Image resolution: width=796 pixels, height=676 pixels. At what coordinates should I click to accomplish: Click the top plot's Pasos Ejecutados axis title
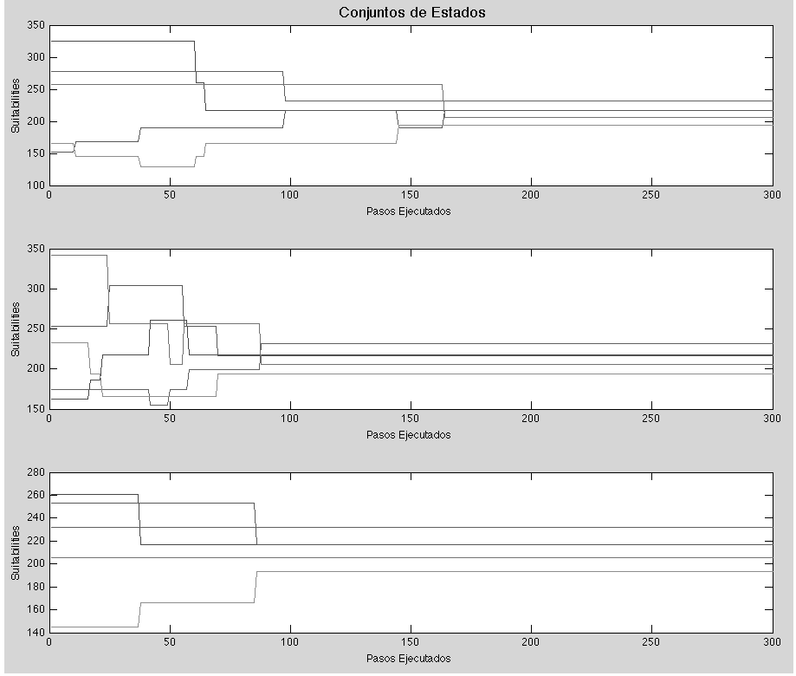409,211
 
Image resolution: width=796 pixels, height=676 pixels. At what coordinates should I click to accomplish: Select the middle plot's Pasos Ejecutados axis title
409,434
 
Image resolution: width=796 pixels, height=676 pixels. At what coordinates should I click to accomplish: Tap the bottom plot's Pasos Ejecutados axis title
409,658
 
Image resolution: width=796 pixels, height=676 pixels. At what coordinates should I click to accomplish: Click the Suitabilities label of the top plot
15,105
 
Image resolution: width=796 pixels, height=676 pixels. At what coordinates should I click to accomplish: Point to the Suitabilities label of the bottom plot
15,552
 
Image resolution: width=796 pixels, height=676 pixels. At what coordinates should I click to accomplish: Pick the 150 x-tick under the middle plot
410,419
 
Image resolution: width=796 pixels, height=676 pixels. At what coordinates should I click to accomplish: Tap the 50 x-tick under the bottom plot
170,643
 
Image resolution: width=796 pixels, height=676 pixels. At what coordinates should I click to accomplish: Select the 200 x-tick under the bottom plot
530,643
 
